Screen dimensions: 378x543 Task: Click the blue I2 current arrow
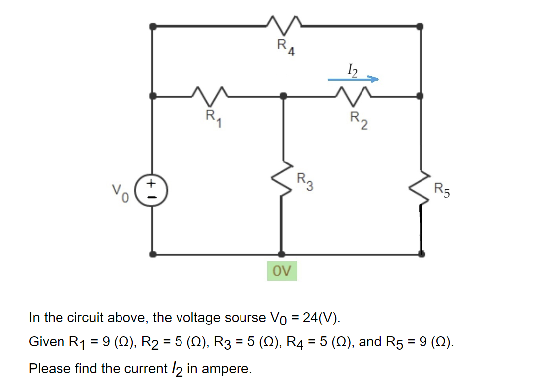click(353, 79)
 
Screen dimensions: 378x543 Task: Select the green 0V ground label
click(282, 271)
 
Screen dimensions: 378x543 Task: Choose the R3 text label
click(304, 182)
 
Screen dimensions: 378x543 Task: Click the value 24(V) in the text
click(321, 317)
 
